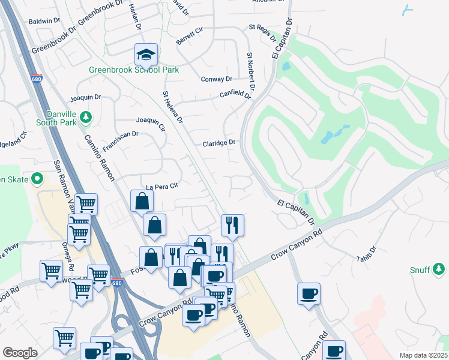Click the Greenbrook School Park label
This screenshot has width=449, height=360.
click(134, 70)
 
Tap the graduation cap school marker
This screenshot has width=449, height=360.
click(146, 55)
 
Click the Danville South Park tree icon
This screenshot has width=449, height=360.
click(85, 116)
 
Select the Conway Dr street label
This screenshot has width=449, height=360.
click(216, 79)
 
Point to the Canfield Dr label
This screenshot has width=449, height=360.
click(235, 94)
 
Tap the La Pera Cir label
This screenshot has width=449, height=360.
click(158, 186)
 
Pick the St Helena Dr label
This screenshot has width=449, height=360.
click(172, 108)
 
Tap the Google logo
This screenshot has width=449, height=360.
click(20, 353)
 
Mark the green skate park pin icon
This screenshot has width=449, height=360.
click(37, 178)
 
